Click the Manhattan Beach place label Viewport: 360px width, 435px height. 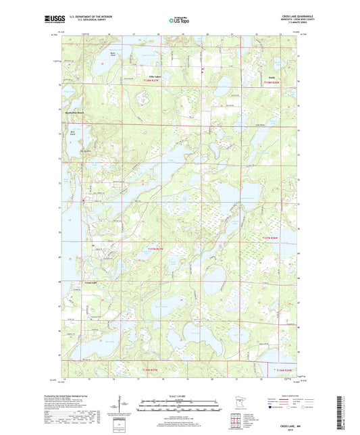75,113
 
